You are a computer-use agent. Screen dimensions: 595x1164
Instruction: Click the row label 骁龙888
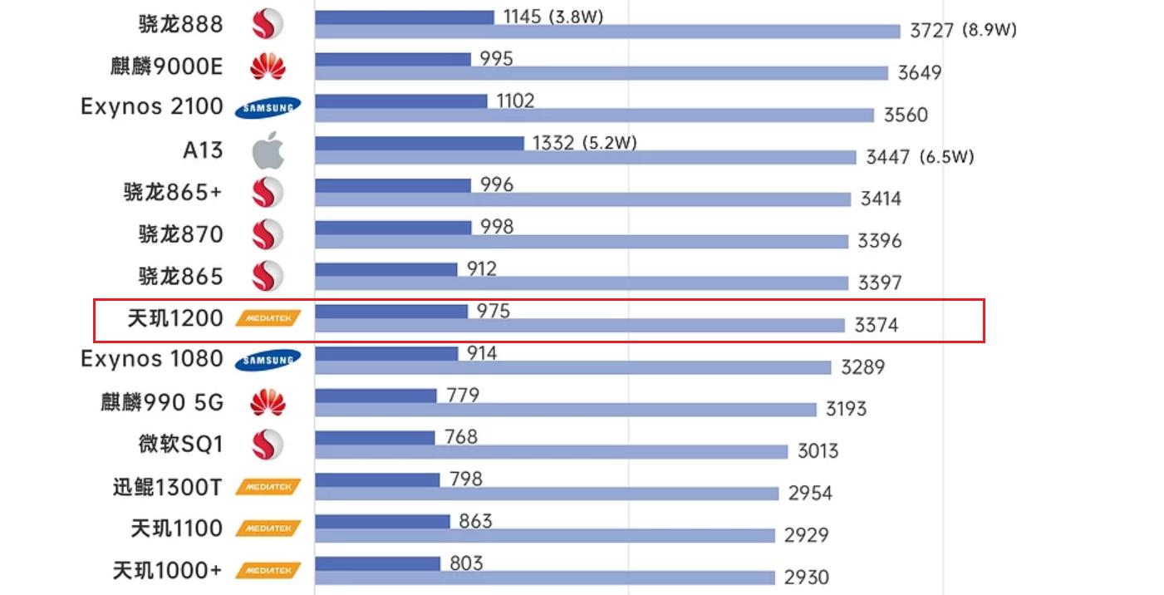(x=180, y=24)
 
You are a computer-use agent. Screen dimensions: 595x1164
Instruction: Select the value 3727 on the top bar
(x=931, y=31)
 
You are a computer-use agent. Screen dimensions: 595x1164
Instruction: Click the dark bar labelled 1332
(x=420, y=143)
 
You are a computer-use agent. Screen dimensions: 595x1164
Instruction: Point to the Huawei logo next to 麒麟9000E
(x=268, y=66)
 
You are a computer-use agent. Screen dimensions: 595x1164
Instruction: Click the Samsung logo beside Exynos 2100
(x=268, y=108)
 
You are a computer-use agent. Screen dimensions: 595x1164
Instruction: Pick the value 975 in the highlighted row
(x=494, y=311)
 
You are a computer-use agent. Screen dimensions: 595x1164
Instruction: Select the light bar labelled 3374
(x=580, y=325)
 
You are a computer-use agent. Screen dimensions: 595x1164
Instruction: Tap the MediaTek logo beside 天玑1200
(x=268, y=317)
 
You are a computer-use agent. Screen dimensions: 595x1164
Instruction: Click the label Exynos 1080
(x=152, y=359)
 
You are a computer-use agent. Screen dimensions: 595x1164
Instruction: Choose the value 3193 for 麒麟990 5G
(x=846, y=409)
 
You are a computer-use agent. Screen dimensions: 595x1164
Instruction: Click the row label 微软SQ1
(x=180, y=444)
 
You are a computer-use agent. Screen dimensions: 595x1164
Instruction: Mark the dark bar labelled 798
(x=377, y=479)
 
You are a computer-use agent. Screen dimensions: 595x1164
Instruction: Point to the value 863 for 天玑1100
(x=475, y=521)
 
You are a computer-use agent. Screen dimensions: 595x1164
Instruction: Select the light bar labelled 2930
(x=544, y=578)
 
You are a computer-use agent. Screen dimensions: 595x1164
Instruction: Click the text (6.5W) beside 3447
(x=946, y=157)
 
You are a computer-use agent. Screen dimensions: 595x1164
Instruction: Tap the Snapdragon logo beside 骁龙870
(x=268, y=234)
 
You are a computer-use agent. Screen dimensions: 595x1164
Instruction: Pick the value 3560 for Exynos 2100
(x=905, y=115)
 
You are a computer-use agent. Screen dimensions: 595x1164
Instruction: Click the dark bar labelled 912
(x=386, y=269)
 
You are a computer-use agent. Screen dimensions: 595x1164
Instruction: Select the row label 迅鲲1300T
(x=167, y=486)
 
